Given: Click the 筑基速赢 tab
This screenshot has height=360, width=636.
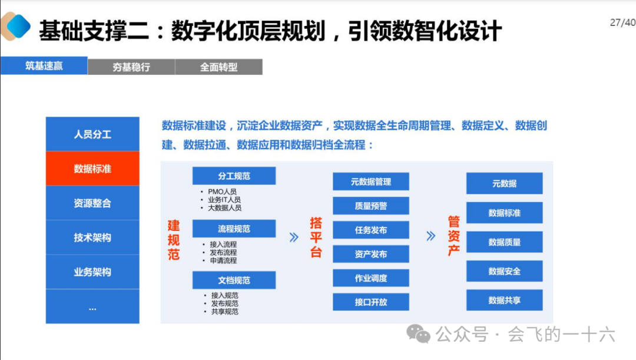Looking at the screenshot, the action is click(44, 65).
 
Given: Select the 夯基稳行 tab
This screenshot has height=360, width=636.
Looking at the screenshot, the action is click(131, 67).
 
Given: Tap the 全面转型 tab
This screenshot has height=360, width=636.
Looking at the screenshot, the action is click(218, 67).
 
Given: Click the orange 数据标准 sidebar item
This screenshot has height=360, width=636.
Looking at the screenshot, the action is click(92, 169).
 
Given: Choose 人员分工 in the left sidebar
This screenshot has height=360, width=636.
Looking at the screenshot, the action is click(92, 134).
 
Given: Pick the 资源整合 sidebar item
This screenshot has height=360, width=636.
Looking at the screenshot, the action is click(92, 203).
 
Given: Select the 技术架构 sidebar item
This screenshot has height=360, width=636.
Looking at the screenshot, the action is click(92, 237).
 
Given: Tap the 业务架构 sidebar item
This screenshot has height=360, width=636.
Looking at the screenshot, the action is click(92, 272).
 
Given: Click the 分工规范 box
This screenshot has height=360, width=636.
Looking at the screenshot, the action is click(234, 176).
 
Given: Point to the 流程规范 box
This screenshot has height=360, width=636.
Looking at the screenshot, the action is click(234, 229).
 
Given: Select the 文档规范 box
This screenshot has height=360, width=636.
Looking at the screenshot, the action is click(234, 280).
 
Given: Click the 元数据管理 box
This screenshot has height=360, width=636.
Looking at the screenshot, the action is click(370, 181).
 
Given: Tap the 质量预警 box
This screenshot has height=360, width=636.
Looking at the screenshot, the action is click(370, 206).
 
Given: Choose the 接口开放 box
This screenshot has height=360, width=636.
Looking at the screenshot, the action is click(370, 302).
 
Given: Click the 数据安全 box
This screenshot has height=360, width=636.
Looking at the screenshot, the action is click(504, 272).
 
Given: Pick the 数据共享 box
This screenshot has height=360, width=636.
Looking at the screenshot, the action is click(504, 300).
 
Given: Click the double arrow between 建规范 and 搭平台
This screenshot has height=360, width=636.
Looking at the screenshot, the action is click(294, 237).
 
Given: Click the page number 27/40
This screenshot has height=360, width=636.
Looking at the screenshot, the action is click(622, 23).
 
